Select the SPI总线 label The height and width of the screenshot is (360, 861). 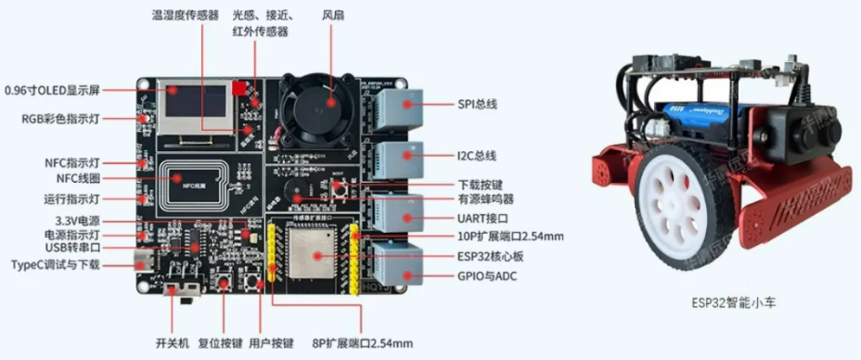478,104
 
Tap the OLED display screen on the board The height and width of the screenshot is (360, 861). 197,108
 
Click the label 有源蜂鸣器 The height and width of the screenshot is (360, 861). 486,199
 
